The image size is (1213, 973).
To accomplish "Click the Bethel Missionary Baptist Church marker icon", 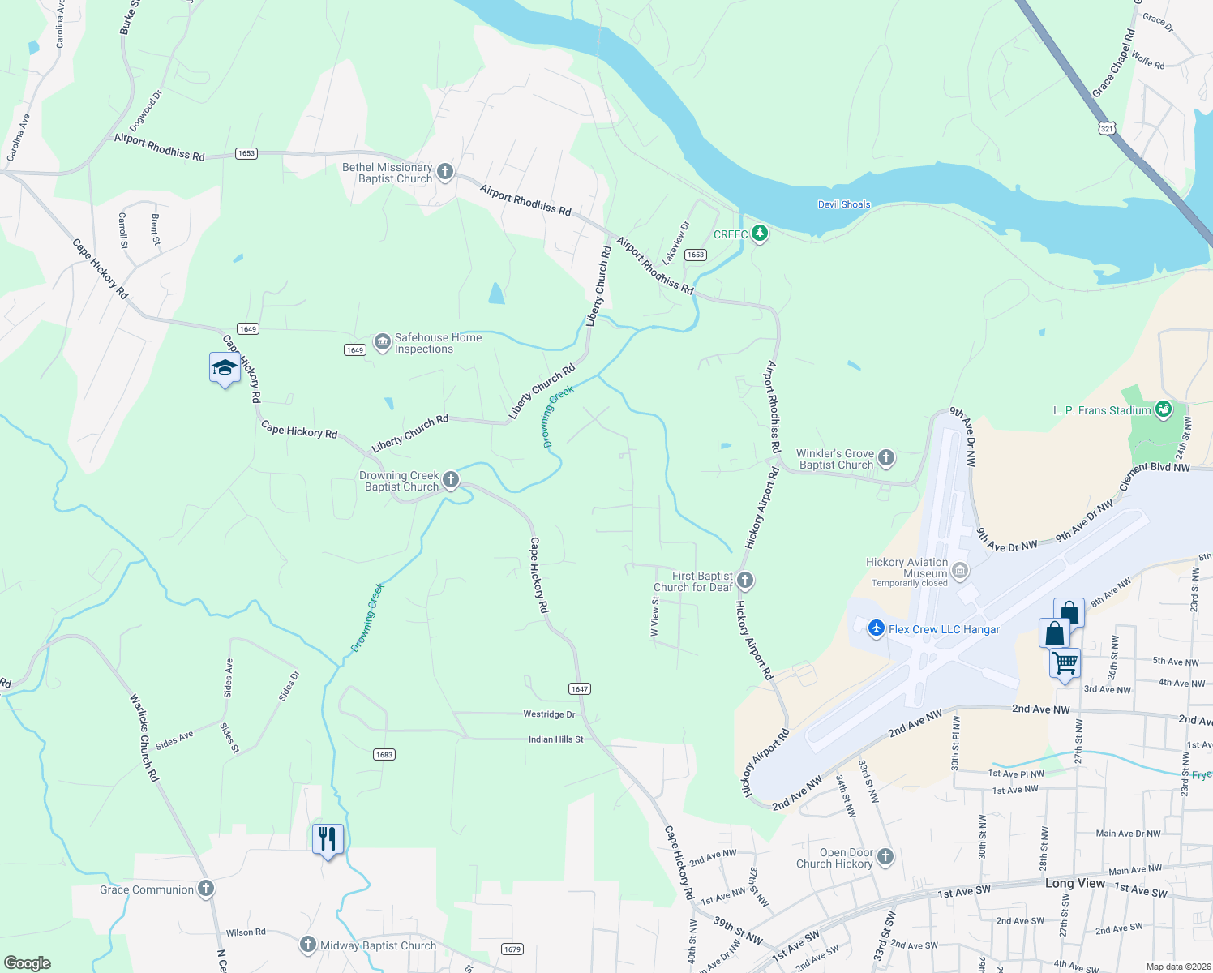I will click(x=444, y=172).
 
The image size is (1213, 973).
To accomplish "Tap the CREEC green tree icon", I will click(x=760, y=234).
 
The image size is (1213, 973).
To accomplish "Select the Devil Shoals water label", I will click(x=843, y=204).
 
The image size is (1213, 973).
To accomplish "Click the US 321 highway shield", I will click(x=1108, y=128).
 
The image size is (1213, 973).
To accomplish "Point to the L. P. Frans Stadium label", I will click(x=1102, y=410).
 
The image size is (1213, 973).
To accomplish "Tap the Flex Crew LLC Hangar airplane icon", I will click(x=876, y=629).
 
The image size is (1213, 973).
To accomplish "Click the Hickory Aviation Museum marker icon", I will click(x=960, y=571).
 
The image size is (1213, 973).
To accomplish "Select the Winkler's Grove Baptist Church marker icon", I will click(x=886, y=458).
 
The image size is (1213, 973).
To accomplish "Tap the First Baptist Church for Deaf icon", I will click(x=745, y=581).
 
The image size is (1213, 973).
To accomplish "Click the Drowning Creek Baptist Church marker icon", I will click(x=451, y=480).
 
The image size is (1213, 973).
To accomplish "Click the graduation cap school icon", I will click(x=225, y=368).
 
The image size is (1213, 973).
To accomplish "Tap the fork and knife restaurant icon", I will click(x=328, y=838).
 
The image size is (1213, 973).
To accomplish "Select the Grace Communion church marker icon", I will click(x=206, y=889).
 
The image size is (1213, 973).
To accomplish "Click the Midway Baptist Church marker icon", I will click(x=307, y=945).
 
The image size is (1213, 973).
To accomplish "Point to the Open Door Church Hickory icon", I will click(x=885, y=856).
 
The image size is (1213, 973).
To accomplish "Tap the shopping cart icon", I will click(x=1065, y=663).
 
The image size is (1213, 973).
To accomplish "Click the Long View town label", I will click(x=1074, y=883).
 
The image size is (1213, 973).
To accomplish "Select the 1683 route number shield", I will click(x=384, y=754).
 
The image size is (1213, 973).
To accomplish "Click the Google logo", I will click(x=27, y=963).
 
